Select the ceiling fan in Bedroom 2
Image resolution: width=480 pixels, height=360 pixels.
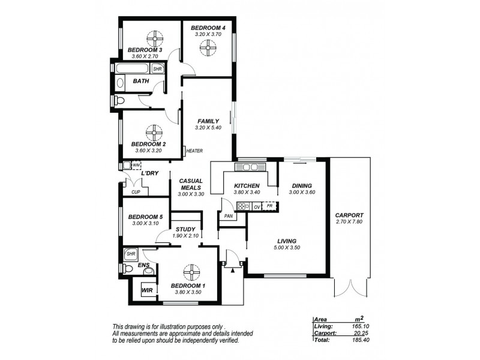[154, 132]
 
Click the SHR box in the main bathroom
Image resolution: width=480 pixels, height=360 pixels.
[158, 69]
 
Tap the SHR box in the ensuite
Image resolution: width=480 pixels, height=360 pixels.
[130, 254]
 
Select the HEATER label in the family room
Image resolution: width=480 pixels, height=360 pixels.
[195, 151]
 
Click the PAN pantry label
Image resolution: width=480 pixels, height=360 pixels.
[228, 215]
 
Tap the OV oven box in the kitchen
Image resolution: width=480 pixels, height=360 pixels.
[256, 206]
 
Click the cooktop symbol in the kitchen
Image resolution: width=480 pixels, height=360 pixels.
[243, 206]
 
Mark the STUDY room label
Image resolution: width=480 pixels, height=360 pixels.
[185, 229]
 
